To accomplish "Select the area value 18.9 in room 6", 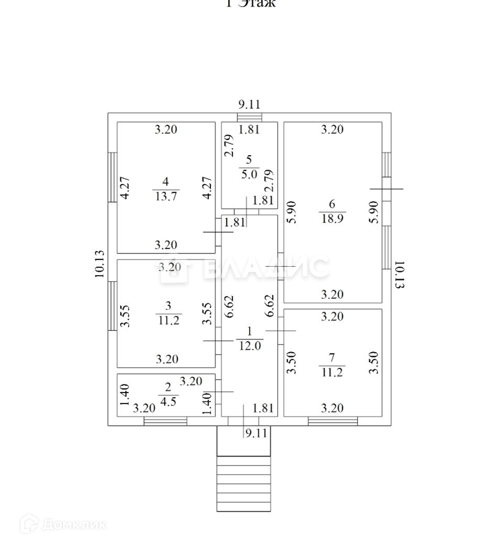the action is (332, 219).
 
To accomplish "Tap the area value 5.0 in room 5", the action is (249, 174).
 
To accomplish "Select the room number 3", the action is (168, 305).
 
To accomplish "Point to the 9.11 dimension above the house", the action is (249, 104).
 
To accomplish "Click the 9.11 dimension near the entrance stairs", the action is (256, 433).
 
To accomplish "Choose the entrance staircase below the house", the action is (243, 483).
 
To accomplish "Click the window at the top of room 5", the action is (249, 117).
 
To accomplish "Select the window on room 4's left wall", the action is (112, 177).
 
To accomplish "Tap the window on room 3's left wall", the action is (112, 305).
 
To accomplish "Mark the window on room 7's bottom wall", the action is (332, 420).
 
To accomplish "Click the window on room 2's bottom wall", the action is (165, 420).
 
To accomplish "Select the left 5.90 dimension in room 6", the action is (292, 213).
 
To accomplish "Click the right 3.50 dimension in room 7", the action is (374, 362).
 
